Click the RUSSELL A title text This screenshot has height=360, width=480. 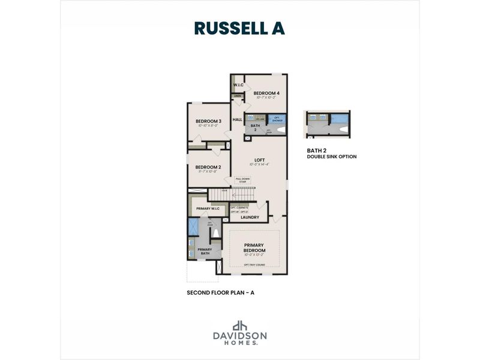[239, 28]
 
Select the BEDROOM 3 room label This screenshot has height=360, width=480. [208, 122]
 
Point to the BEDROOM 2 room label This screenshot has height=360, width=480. [208, 167]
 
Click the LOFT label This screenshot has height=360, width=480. [260, 160]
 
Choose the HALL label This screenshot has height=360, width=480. [237, 120]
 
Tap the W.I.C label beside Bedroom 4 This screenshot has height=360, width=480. [238, 85]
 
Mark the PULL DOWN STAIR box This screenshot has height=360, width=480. [242, 179]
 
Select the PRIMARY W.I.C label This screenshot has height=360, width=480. [208, 208]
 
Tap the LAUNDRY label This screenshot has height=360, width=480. [250, 217]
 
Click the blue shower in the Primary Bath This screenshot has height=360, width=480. [194, 227]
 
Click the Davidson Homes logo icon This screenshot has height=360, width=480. [239, 325]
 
